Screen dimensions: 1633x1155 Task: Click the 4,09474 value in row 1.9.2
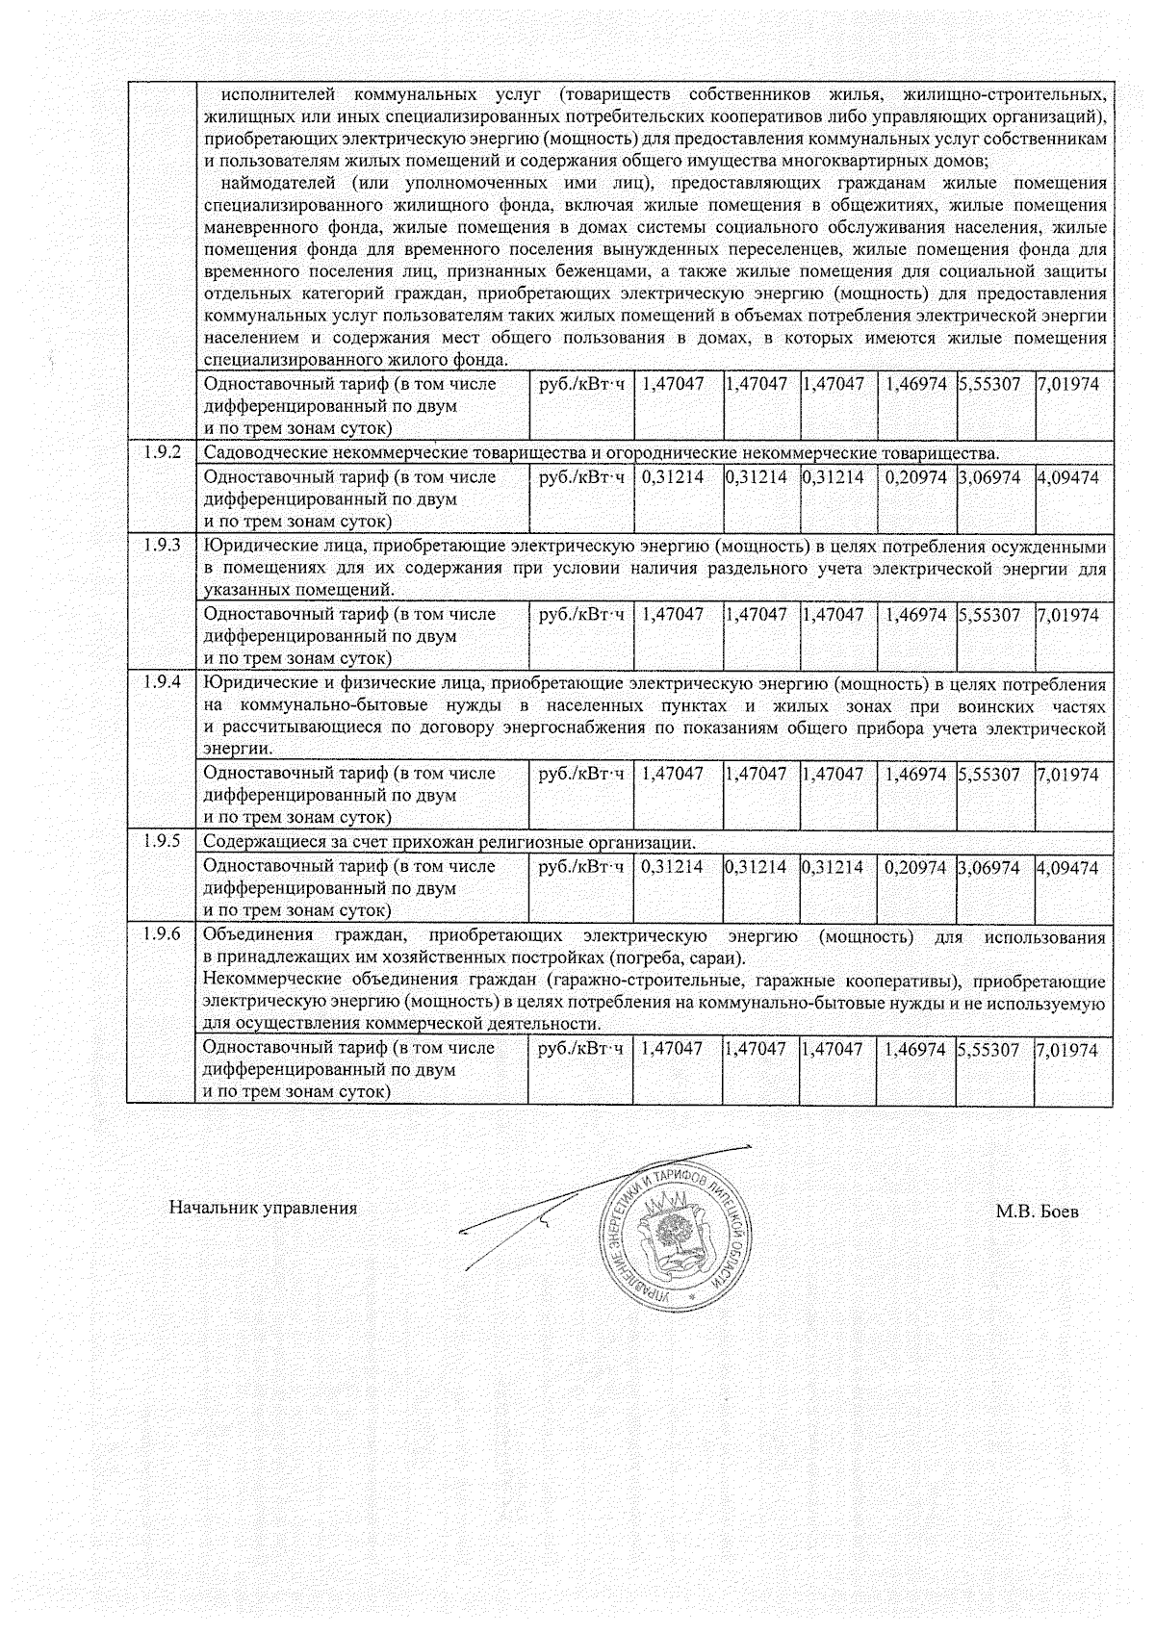(x=1067, y=477)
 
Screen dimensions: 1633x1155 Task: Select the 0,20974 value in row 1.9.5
(x=915, y=867)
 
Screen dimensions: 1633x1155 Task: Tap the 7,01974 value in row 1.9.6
(x=1067, y=1050)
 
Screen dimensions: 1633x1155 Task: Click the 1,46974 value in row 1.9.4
(x=915, y=774)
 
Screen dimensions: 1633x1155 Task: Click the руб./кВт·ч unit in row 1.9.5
(x=580, y=867)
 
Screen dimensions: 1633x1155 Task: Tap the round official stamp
(x=675, y=1232)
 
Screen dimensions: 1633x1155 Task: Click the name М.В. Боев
(x=1037, y=1212)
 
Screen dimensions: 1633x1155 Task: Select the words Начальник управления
(x=263, y=1209)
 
